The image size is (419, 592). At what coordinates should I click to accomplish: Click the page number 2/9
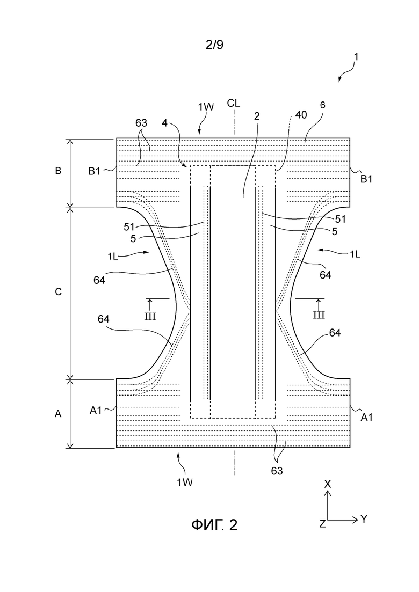[214, 45]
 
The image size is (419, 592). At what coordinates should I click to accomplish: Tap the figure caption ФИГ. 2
[214, 525]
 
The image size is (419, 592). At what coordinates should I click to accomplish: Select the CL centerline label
[234, 103]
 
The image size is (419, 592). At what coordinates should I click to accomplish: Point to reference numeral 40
[301, 115]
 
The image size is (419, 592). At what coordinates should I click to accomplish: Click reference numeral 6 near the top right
[322, 105]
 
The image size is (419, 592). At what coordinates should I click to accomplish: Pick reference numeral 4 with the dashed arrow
[164, 122]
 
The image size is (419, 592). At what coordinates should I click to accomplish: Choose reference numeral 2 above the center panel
[257, 116]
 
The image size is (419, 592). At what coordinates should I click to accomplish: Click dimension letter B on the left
[58, 171]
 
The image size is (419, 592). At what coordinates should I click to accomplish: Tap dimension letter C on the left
[58, 292]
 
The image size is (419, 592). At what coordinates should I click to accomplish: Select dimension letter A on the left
[58, 414]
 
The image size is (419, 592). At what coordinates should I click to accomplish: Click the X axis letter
[328, 484]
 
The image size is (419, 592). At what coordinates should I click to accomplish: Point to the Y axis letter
[364, 519]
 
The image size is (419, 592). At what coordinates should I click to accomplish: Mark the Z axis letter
[322, 524]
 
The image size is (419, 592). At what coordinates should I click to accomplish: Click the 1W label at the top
[206, 107]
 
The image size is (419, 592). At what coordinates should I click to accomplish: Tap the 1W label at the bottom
[185, 482]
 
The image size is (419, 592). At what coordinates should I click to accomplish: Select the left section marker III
[150, 316]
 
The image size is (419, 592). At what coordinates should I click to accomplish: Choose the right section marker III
[319, 315]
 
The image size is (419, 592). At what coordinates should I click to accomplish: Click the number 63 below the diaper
[277, 471]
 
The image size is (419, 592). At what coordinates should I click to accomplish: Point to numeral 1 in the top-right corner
[356, 57]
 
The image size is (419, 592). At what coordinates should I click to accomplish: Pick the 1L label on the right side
[355, 254]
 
